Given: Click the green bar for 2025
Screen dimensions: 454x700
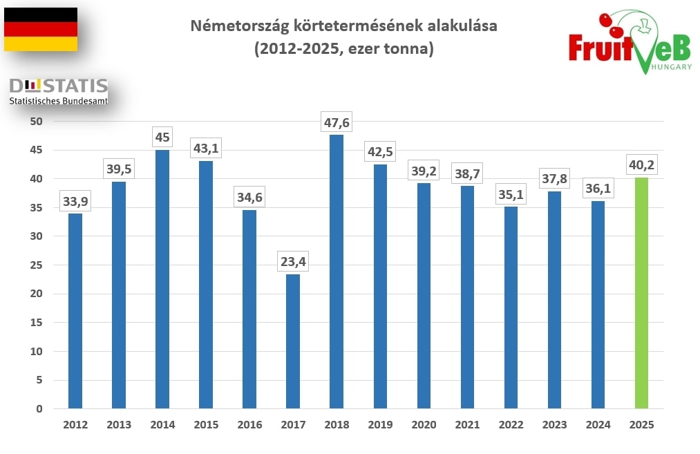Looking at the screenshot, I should pyautogui.click(x=641, y=293).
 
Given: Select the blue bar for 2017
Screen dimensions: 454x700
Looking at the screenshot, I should pyautogui.click(x=293, y=341).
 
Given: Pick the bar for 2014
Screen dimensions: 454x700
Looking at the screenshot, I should pyautogui.click(x=162, y=279).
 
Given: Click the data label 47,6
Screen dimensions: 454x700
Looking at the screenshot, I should pyautogui.click(x=337, y=123).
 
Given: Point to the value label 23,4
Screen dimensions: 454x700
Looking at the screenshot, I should pyautogui.click(x=293, y=263).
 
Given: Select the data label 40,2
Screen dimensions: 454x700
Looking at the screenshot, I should pyautogui.click(x=641, y=166).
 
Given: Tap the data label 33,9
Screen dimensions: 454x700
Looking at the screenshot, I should pyautogui.click(x=75, y=202).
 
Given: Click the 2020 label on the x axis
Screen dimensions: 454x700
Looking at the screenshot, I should pyautogui.click(x=424, y=425).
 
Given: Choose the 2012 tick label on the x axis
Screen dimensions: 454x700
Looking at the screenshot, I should pyautogui.click(x=75, y=425).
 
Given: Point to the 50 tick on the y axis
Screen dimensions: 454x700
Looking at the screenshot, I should pyautogui.click(x=36, y=122).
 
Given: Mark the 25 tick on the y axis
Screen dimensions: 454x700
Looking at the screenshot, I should pyautogui.click(x=36, y=265).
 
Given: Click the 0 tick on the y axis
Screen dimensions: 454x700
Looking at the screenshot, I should pyautogui.click(x=39, y=408).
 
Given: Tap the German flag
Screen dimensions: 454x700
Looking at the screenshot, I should pyautogui.click(x=41, y=29).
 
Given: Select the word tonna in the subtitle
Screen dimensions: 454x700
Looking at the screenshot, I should pyautogui.click(x=408, y=50).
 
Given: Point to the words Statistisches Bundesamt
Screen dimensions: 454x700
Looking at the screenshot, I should pyautogui.click(x=58, y=101).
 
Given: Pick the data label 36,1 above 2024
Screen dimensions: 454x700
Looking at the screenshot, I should pyautogui.click(x=598, y=189).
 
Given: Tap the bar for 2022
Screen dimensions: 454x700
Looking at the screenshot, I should pyautogui.click(x=511, y=308).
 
